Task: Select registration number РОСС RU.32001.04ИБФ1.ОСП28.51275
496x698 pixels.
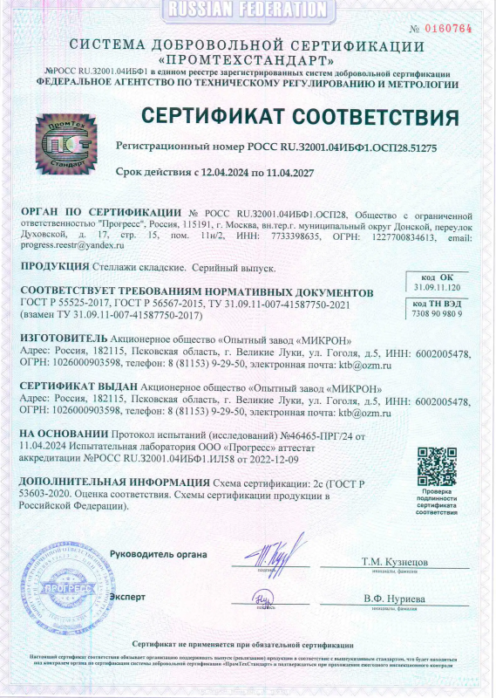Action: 337,148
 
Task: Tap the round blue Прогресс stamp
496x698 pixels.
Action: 62,580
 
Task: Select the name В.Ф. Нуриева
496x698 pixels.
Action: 394,599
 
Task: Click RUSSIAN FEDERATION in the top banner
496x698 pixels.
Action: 248,10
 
